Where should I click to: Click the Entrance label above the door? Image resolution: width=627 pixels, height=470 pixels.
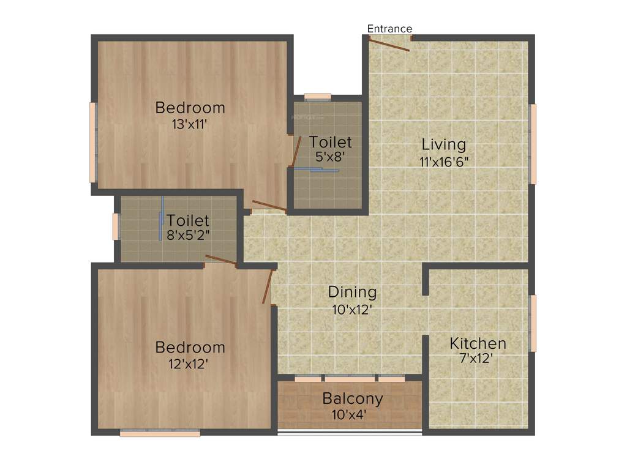point(389,29)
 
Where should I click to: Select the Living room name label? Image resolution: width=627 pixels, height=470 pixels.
point(444,145)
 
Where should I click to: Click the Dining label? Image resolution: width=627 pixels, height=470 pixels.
point(352,292)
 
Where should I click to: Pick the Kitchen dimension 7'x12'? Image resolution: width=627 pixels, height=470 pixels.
point(478,359)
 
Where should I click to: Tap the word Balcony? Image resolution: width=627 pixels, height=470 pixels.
point(353,399)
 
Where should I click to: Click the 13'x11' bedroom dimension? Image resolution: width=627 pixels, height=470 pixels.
point(190,124)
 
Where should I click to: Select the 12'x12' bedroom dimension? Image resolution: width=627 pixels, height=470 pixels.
point(190,364)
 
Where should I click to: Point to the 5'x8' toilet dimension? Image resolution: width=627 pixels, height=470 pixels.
point(331,156)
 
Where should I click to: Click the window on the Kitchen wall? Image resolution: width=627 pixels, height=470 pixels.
point(533,323)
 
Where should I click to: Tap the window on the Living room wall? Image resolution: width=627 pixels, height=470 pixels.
point(533,144)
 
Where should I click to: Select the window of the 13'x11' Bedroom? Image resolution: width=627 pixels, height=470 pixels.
point(93,142)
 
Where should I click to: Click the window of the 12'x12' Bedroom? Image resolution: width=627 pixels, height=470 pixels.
point(160,433)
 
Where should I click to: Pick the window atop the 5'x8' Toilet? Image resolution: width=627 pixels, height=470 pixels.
point(317,96)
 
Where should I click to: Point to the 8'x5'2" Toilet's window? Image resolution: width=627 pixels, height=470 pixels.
point(115,226)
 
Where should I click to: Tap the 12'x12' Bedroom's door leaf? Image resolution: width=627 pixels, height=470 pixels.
point(267,286)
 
